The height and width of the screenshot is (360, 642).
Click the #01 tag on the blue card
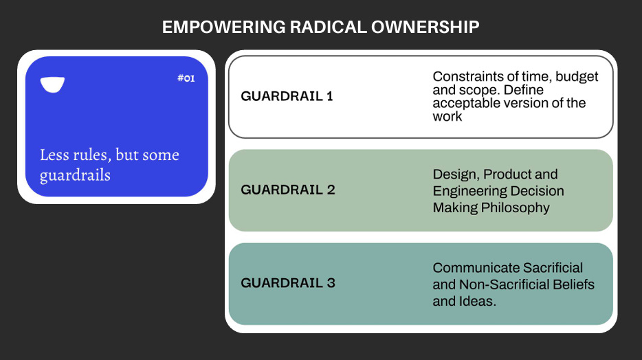click(186, 78)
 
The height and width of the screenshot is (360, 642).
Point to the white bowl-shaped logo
click(52, 85)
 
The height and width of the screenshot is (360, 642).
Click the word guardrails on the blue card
click(75, 176)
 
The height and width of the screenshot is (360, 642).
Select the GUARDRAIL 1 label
click(287, 96)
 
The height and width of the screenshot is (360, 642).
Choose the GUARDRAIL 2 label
click(288, 190)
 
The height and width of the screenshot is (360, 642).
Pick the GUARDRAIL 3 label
click(288, 282)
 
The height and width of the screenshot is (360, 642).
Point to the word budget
click(577, 76)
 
